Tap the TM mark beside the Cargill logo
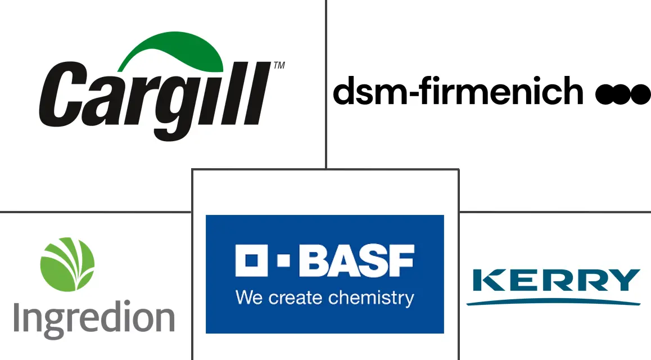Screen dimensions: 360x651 278,66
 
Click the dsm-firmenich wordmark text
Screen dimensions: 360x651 458,91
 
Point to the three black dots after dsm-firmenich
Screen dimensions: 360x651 622,94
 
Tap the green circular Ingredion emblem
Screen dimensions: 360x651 67,264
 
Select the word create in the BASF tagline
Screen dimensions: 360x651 297,297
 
